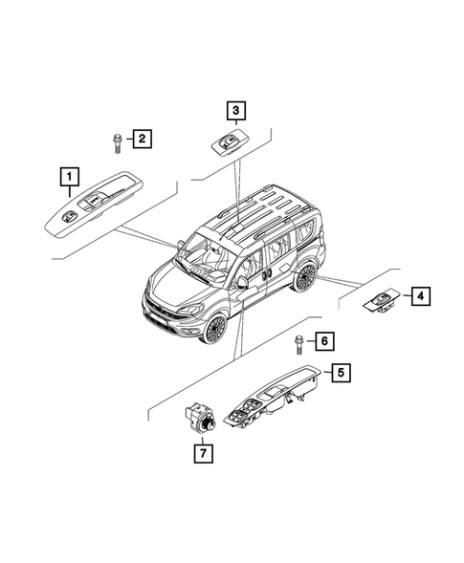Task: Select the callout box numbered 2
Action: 141,141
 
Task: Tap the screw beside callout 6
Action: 298,342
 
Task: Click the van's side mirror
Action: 243,283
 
